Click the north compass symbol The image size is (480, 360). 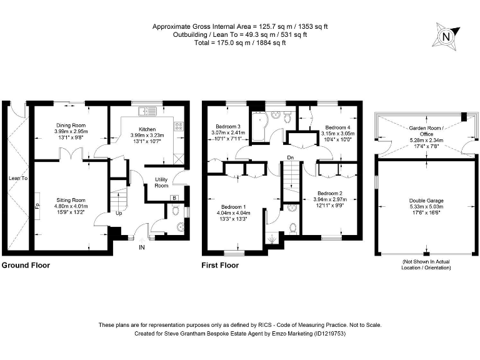coord(446,36)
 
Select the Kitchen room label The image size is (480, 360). coord(146,129)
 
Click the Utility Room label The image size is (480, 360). coord(161,182)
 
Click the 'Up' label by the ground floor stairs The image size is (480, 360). coord(118,213)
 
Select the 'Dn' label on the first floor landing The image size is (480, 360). coord(289,157)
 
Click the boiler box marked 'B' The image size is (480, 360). coord(174,199)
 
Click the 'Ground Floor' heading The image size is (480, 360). coord(26,266)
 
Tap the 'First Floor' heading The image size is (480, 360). coord(219,266)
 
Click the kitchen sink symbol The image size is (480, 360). coord(148,111)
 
